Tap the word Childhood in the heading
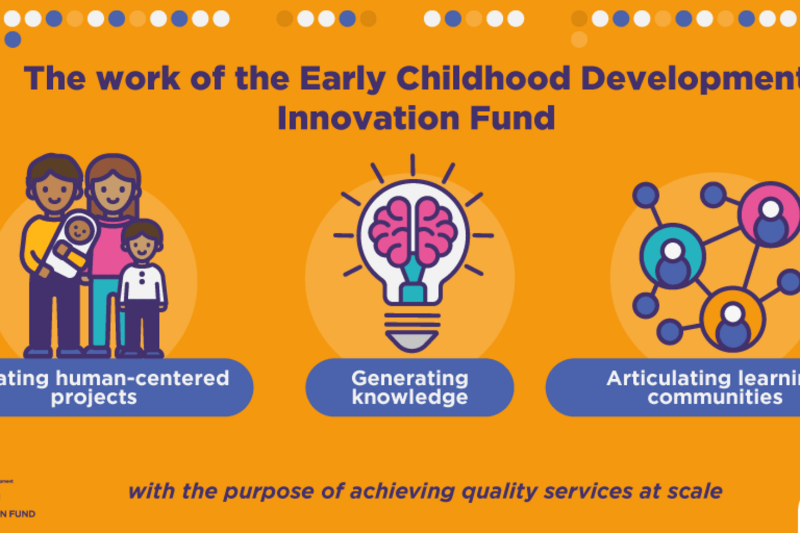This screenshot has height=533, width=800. click(483, 78)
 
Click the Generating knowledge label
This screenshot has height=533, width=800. click(410, 388)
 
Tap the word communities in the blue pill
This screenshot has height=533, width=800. click(715, 398)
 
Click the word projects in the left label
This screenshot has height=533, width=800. click(94, 398)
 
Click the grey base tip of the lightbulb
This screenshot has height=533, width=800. click(412, 340)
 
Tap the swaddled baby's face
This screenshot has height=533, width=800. click(80, 229)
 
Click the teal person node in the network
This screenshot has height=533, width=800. click(673, 257)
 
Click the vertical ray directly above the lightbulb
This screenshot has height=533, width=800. click(413, 165)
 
